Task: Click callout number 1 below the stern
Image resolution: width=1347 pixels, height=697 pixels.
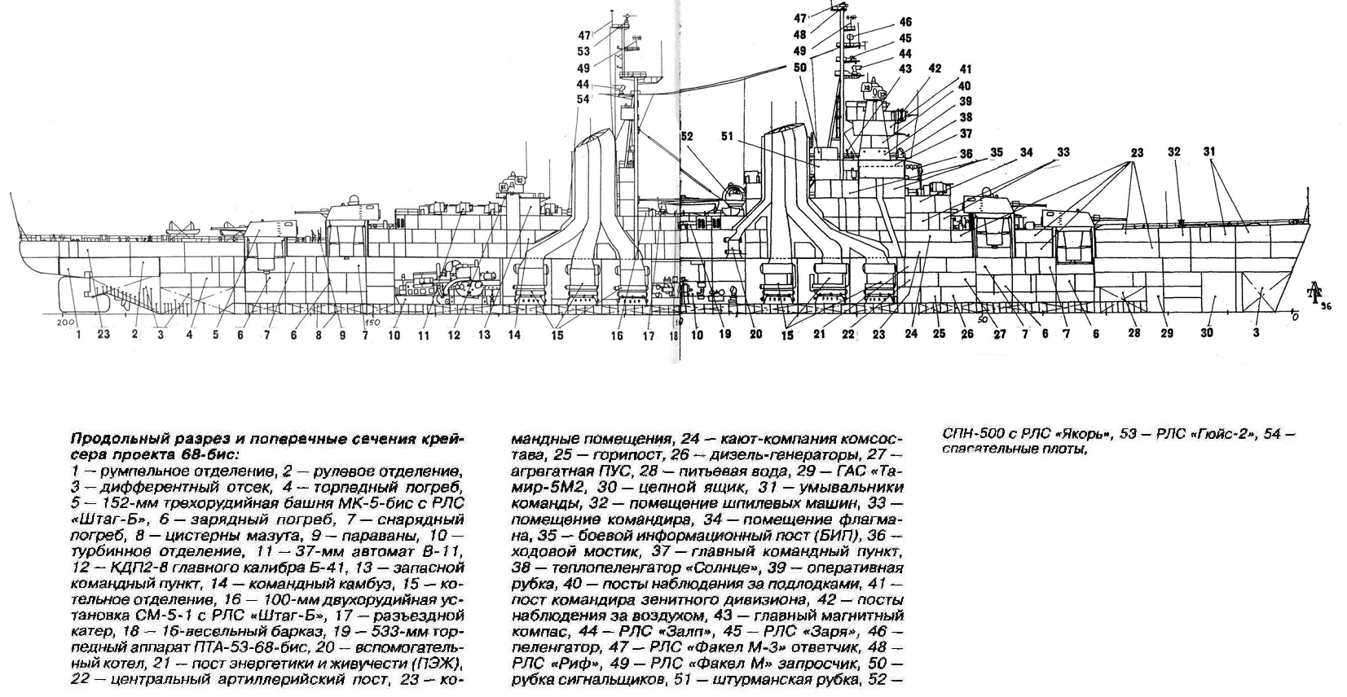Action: pos(78,333)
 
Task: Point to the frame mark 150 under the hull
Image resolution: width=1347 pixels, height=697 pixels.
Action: pos(372,322)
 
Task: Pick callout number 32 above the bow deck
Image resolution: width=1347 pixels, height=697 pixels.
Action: pos(1173,152)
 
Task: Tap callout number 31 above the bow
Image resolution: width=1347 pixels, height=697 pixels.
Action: pos(1209,152)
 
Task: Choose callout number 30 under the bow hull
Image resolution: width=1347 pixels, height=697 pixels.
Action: pos(1207,332)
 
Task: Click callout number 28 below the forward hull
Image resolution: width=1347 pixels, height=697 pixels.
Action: pos(1134,332)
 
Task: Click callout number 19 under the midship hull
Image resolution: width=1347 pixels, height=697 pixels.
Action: pos(725,333)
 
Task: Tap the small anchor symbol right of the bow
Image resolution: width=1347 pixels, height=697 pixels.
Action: pos(1314,294)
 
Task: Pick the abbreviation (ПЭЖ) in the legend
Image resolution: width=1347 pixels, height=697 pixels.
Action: pos(434,660)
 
